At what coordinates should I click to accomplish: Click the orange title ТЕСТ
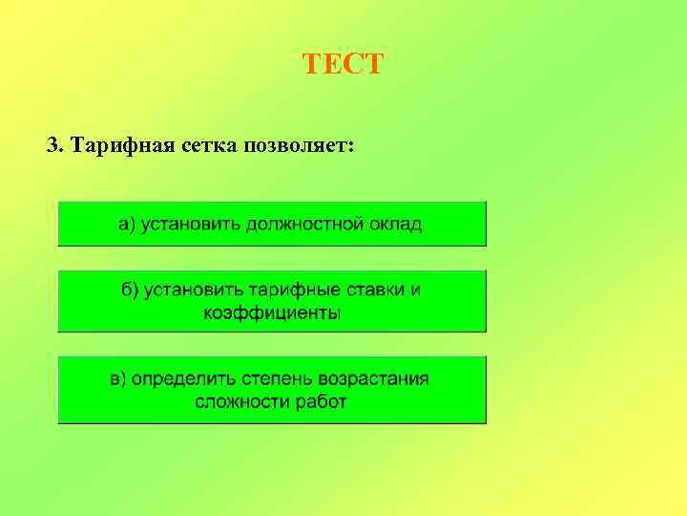(343, 65)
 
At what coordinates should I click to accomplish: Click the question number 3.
(53, 146)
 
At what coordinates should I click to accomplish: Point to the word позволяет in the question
(299, 146)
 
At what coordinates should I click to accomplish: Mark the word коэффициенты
(272, 312)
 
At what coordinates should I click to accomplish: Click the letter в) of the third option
(118, 378)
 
